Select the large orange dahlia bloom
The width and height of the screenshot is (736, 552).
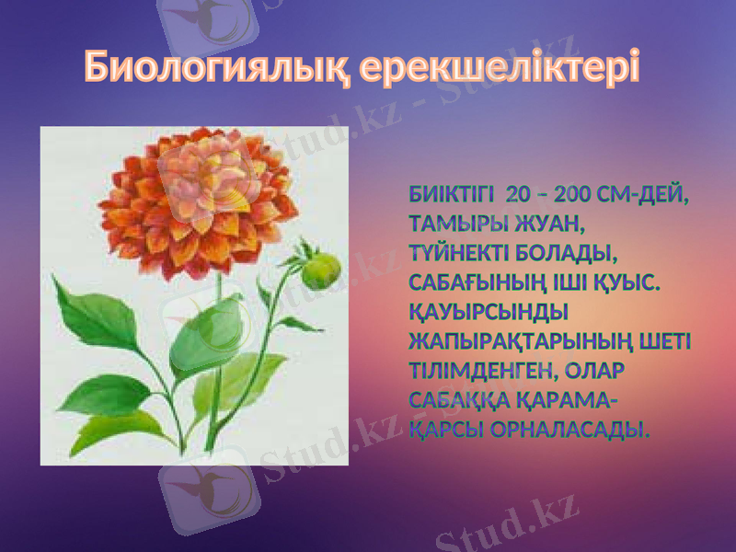198,204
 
